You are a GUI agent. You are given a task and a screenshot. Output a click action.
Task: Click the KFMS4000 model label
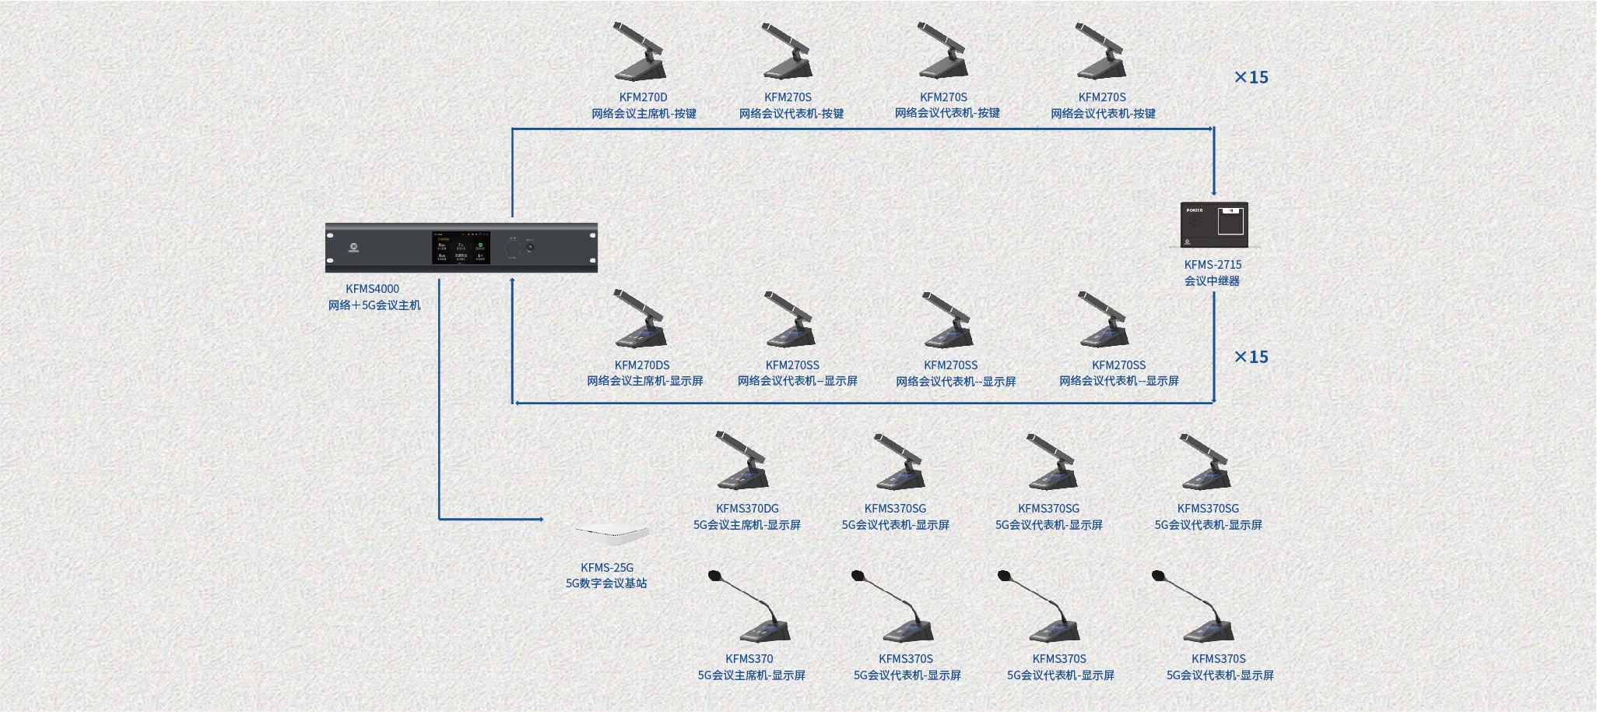372,289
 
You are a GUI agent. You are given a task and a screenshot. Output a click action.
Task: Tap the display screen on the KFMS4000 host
461,247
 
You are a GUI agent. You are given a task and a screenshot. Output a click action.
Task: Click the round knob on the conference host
512,248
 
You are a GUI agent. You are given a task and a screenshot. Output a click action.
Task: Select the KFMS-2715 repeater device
1214,224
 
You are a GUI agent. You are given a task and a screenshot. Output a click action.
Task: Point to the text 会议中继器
1212,281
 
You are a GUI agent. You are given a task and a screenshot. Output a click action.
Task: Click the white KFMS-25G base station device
612,534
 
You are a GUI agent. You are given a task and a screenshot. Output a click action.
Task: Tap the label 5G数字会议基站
606,583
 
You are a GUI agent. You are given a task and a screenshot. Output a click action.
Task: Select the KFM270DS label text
641,365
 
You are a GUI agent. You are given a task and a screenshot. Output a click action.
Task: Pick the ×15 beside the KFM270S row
1251,77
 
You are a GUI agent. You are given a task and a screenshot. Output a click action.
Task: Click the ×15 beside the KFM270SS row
1251,357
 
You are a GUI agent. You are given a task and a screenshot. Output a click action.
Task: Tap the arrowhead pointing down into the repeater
1213,192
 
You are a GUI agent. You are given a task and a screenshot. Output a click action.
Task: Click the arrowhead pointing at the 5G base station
539,519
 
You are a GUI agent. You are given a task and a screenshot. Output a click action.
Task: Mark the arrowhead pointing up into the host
512,281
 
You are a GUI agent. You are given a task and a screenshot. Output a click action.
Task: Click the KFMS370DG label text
747,509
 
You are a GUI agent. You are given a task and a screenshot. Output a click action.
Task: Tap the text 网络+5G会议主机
374,305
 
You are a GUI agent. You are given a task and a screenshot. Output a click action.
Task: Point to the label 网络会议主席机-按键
644,114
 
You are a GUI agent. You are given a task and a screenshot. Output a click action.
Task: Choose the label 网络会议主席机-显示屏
644,381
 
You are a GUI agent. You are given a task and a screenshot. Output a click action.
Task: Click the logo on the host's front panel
353,248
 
